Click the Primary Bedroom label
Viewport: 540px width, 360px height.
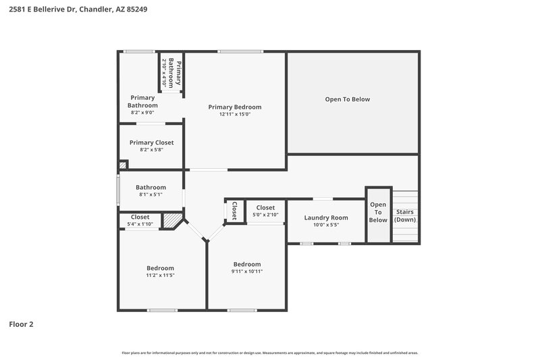pyautogui.click(x=234, y=107)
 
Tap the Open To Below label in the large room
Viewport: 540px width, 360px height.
pyautogui.click(x=347, y=99)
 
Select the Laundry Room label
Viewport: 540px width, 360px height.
pyautogui.click(x=325, y=217)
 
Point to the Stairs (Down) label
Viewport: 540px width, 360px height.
pyautogui.click(x=405, y=215)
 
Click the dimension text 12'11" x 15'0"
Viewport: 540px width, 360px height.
pyautogui.click(x=234, y=115)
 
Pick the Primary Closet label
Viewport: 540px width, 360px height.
pyautogui.click(x=151, y=143)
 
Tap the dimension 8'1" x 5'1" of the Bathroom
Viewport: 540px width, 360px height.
pyautogui.click(x=151, y=195)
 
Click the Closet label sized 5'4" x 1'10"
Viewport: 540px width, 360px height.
pyautogui.click(x=140, y=217)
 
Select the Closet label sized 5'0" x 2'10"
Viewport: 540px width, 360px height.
pyautogui.click(x=265, y=207)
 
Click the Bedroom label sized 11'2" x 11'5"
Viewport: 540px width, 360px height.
pyautogui.click(x=160, y=267)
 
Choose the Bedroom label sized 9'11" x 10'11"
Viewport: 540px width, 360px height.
pyautogui.click(x=247, y=263)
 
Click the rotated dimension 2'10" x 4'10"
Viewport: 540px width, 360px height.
pyautogui.click(x=164, y=72)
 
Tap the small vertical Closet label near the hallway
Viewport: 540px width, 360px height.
pyautogui.click(x=234, y=211)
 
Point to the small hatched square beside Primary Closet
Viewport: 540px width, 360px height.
pyautogui.click(x=123, y=164)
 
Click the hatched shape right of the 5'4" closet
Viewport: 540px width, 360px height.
pyautogui.click(x=173, y=221)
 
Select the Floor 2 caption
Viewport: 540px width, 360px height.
pyautogui.click(x=21, y=324)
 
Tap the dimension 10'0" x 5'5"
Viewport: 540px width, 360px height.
pyautogui.click(x=325, y=225)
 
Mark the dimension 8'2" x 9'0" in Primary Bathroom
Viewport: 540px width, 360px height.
pyautogui.click(x=142, y=113)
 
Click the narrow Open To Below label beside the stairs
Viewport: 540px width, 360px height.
pyautogui.click(x=378, y=212)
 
